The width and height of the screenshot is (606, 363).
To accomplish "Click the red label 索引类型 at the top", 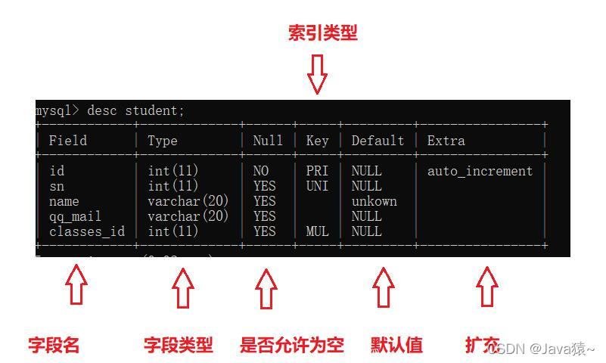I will coord(322,33).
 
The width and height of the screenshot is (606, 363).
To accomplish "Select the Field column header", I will coord(67,141).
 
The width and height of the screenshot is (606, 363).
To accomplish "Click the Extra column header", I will coord(446,141).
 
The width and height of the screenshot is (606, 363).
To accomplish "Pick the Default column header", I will coord(378,141).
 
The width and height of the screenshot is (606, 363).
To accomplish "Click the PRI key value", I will coord(317,171).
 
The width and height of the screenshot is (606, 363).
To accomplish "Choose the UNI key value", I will coord(317,186).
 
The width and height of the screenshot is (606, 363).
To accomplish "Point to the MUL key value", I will coord(317,231).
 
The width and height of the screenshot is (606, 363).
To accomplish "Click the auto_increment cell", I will coord(480,171).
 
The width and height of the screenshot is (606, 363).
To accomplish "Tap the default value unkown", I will coord(374,201).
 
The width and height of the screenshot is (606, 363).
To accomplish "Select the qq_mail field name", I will coord(75,216).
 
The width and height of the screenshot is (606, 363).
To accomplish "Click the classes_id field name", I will coord(86,231).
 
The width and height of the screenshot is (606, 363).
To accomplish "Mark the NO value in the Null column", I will coord(261,171).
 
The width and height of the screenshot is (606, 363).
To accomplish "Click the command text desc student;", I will coord(135,110).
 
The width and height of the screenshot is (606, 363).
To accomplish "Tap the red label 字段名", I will coord(54,346).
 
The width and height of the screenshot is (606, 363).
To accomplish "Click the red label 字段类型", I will coord(179,346).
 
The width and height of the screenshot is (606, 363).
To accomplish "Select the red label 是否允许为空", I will coord(291,346).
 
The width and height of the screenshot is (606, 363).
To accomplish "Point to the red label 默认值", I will coord(396,346).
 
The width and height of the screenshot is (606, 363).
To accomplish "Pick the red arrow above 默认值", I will coord(384,287).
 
